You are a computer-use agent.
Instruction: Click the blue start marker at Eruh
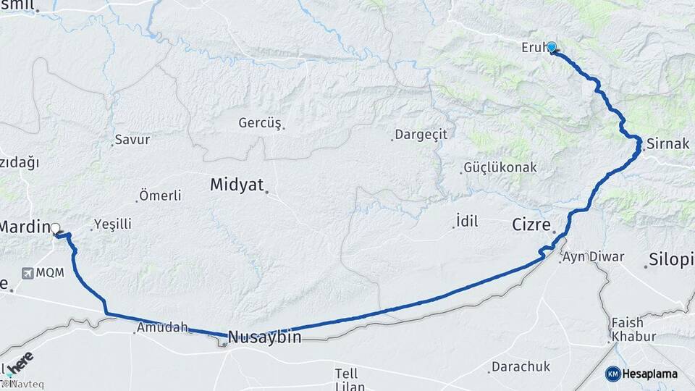(x=552, y=48)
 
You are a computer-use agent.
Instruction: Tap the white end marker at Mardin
(x=56, y=228)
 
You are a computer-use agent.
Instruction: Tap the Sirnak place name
(x=667, y=143)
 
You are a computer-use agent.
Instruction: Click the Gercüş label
(x=259, y=122)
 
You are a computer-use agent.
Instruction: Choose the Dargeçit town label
(x=421, y=135)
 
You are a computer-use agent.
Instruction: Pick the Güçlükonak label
(x=500, y=167)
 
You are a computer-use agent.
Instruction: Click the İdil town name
(x=467, y=222)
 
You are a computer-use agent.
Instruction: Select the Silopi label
(x=671, y=259)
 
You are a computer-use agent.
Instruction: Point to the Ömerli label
(x=159, y=195)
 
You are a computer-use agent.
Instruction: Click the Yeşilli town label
(x=111, y=224)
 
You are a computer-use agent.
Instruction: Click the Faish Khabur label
(x=633, y=329)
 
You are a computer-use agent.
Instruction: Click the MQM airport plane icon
(x=28, y=274)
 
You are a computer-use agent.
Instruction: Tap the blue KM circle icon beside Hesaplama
(x=613, y=374)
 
